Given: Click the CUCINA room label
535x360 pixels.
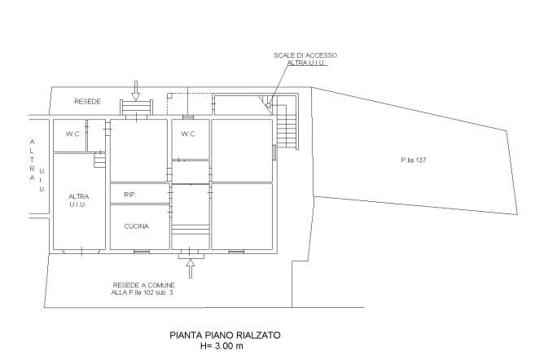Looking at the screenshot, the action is (x=137, y=226).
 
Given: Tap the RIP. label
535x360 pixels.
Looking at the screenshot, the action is (x=129, y=195).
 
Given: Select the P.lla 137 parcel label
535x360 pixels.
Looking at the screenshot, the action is (x=413, y=160).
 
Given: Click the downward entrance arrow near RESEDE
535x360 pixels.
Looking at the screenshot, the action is (x=136, y=90).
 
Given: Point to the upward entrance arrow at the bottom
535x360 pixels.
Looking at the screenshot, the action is (x=191, y=268).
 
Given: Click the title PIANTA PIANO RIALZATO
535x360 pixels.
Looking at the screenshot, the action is (x=226, y=335).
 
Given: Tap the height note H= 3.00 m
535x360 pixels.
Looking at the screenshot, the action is (x=222, y=346).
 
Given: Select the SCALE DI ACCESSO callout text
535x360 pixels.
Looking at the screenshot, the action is (x=305, y=55).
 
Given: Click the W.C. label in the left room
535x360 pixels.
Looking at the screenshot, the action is (x=73, y=134).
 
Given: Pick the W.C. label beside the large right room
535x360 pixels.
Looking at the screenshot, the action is (x=188, y=134).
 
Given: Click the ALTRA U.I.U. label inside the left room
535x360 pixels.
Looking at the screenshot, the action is (x=78, y=200).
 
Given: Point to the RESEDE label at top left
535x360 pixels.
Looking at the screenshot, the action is (x=88, y=102).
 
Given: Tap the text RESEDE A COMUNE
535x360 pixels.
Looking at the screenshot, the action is (x=144, y=285).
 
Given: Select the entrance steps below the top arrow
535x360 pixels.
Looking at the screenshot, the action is (x=136, y=108).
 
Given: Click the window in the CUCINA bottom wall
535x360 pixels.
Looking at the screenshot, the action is (x=142, y=252).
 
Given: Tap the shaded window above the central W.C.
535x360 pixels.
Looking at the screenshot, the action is (x=188, y=117).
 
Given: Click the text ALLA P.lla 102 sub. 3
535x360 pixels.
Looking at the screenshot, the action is (x=143, y=292).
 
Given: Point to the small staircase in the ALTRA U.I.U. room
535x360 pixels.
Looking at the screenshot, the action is (x=99, y=160).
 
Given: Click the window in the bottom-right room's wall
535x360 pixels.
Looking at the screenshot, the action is (x=236, y=252).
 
